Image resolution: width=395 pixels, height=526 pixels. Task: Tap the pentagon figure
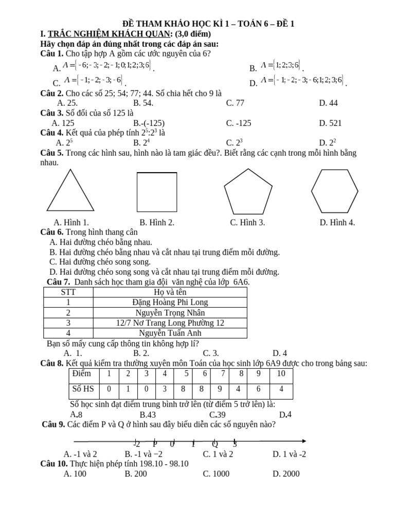248,192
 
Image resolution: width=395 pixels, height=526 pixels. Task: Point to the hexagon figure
334,191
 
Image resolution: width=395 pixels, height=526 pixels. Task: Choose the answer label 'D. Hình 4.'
337,222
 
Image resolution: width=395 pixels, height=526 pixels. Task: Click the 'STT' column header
68,292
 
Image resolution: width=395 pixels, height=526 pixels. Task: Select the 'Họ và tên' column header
170,292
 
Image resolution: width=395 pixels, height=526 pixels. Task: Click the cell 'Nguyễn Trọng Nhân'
170,312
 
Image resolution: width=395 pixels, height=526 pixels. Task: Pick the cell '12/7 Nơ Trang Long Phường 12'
170,323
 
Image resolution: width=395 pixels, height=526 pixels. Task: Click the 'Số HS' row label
83,389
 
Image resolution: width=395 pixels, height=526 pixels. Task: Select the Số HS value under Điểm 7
220,389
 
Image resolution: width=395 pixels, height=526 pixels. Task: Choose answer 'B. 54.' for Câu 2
144,103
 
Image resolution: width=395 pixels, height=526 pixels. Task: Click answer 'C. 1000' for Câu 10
216,474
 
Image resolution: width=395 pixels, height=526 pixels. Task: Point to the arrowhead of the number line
304,441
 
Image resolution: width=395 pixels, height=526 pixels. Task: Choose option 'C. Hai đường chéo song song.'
100,262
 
